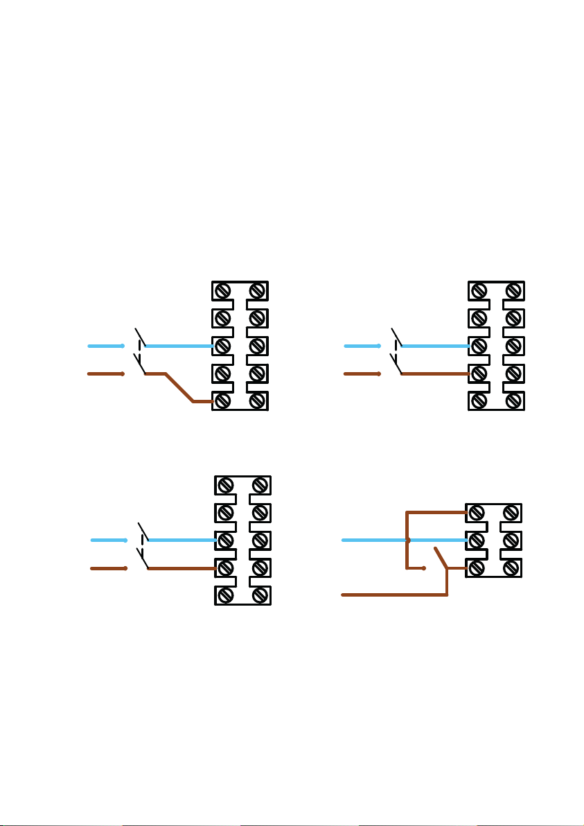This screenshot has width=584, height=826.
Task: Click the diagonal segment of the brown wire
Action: tap(179, 388)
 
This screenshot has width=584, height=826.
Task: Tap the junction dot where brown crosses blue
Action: tap(407, 540)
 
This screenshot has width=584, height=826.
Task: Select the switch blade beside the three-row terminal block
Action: tap(441, 558)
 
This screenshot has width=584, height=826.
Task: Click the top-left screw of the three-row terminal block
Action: tap(476, 513)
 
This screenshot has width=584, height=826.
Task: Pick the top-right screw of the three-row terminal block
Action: tap(511, 513)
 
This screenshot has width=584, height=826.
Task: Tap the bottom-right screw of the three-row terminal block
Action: tap(511, 568)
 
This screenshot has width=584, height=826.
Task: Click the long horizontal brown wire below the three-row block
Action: tap(395, 595)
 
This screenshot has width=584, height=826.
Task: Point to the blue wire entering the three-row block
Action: tap(436, 540)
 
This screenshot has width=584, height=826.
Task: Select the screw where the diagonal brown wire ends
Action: tap(222, 401)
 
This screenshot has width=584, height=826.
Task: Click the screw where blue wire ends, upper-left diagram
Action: tap(222, 345)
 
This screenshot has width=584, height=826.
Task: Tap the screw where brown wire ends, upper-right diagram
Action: tap(479, 374)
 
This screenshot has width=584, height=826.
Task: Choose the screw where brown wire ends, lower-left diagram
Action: tap(225, 568)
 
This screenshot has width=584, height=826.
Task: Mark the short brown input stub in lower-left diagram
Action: tap(108, 568)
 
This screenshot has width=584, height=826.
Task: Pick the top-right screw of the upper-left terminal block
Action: tap(257, 290)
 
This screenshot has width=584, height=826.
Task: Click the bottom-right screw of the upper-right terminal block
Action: tap(513, 401)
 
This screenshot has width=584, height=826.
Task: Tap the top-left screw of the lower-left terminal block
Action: tap(225, 485)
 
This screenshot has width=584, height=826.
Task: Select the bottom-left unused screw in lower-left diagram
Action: tap(225, 596)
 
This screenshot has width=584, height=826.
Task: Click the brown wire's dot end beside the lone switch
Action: tap(424, 568)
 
